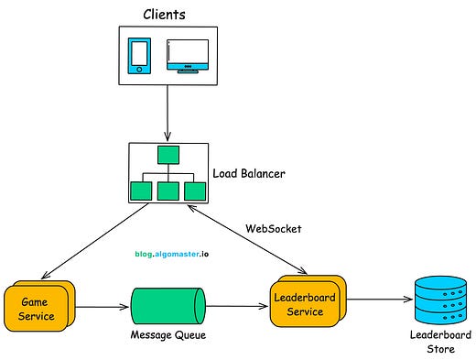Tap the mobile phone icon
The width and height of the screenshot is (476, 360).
point(139,56)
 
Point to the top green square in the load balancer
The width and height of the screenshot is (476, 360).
point(168,153)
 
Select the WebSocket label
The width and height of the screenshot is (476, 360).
point(274,227)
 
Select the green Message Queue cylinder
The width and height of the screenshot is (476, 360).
point(168,309)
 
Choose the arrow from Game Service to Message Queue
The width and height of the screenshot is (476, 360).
point(102,309)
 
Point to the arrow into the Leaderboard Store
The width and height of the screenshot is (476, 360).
point(375,299)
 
